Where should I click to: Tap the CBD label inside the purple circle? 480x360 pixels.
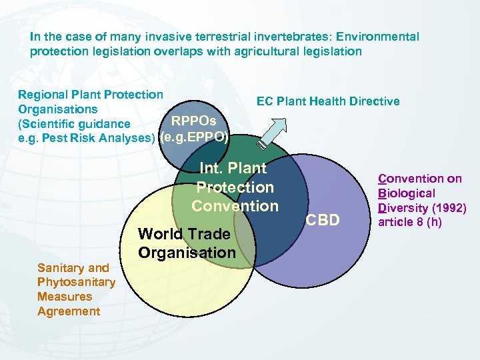pyautogui.click(x=324, y=219)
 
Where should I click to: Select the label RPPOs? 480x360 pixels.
pyautogui.click(x=194, y=121)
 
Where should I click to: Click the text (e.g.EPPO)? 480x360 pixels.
pyautogui.click(x=194, y=139)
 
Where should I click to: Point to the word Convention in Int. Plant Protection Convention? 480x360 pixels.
pyautogui.click(x=235, y=206)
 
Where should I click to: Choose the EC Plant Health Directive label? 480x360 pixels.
pyautogui.click(x=328, y=101)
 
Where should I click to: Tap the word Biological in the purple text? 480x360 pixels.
pyautogui.click(x=407, y=193)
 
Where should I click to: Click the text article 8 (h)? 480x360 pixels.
pyautogui.click(x=410, y=222)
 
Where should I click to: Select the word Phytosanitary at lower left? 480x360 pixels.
pyautogui.click(x=76, y=282)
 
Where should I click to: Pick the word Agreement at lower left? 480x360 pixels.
pyautogui.click(x=69, y=311)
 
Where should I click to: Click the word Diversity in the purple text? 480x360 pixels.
pyautogui.click(x=404, y=207)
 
